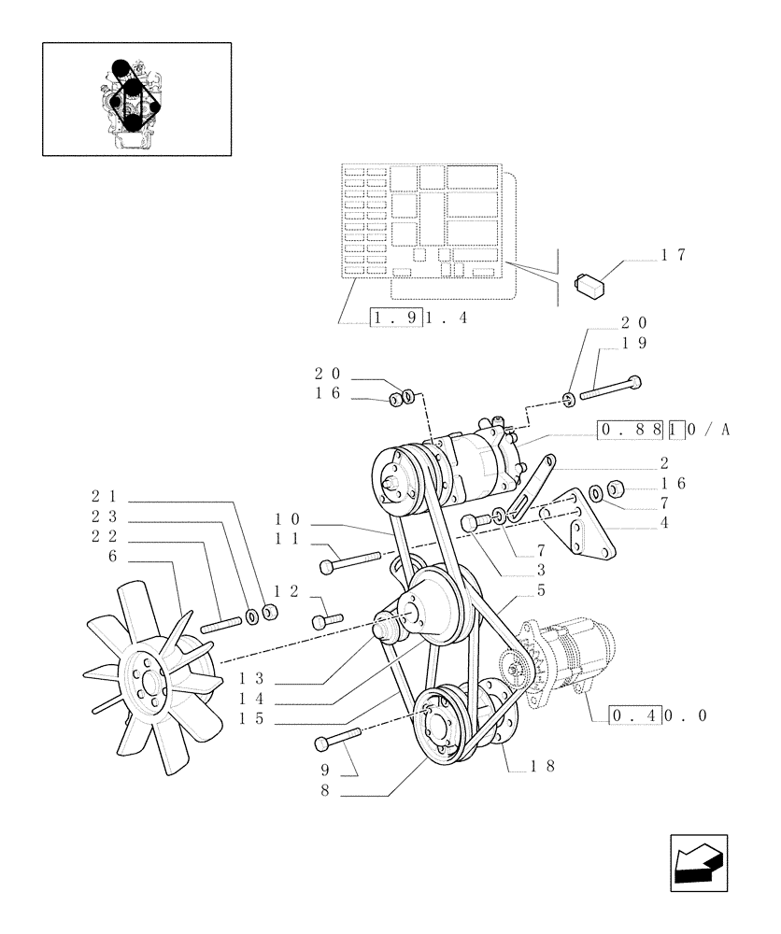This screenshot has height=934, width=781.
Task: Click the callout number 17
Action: tap(674, 255)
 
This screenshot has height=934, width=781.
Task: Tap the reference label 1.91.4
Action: tap(419, 318)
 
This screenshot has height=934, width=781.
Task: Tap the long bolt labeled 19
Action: tap(611, 386)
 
